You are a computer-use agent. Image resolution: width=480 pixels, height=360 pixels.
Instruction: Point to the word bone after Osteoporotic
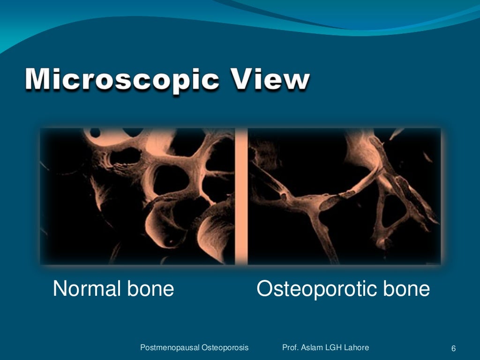point(406,289)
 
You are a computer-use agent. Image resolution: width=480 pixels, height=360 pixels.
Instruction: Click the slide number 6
point(453,348)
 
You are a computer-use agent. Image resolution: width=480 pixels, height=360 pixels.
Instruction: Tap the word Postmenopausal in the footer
point(170,348)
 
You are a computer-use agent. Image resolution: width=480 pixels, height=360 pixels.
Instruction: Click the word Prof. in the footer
point(291,348)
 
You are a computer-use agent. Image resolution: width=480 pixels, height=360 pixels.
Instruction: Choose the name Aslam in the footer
point(312,348)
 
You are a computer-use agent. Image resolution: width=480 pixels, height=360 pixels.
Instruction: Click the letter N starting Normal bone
point(60,289)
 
